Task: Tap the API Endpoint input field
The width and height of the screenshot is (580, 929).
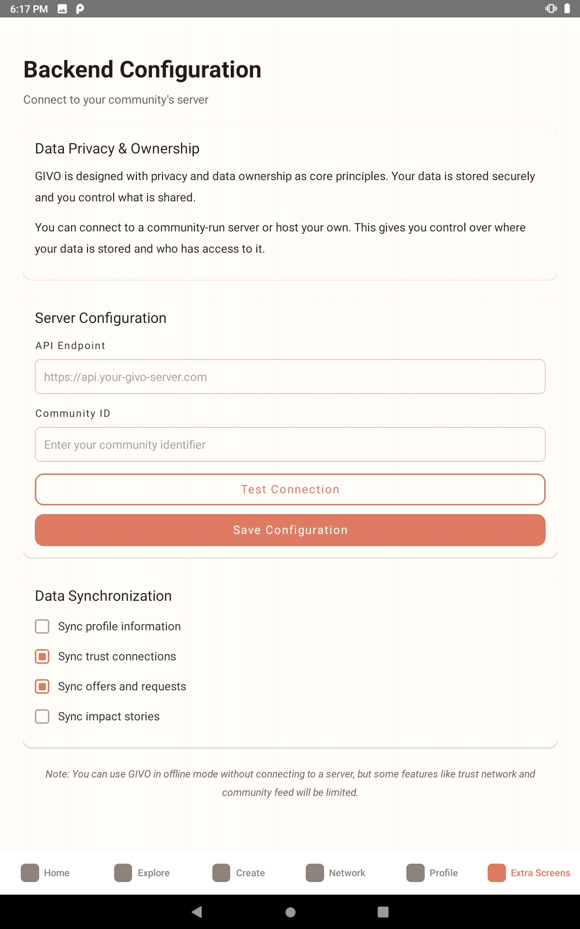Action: [x=290, y=377]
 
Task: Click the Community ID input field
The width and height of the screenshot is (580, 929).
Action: [x=290, y=444]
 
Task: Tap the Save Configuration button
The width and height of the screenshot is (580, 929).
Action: [x=290, y=530]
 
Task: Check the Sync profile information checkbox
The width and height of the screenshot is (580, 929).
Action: [x=43, y=626]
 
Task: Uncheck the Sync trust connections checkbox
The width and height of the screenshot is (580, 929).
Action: [x=43, y=656]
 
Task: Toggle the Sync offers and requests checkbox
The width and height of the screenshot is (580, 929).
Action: [x=43, y=686]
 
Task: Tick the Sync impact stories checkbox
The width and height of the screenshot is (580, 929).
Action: [x=43, y=716]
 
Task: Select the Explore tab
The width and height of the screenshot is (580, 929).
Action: [x=142, y=873]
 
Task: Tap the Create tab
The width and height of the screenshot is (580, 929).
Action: [x=239, y=873]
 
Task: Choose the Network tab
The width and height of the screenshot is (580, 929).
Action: [x=336, y=873]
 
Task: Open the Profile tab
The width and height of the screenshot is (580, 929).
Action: [x=432, y=873]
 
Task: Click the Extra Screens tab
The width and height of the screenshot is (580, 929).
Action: [x=529, y=873]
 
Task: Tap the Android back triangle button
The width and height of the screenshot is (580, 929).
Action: [x=197, y=912]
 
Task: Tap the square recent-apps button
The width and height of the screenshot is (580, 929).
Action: [x=383, y=912]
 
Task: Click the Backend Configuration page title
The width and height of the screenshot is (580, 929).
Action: [x=142, y=70]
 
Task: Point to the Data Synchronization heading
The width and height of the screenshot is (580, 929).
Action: [x=103, y=596]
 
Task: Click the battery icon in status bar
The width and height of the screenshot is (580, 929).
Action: [x=567, y=9]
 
